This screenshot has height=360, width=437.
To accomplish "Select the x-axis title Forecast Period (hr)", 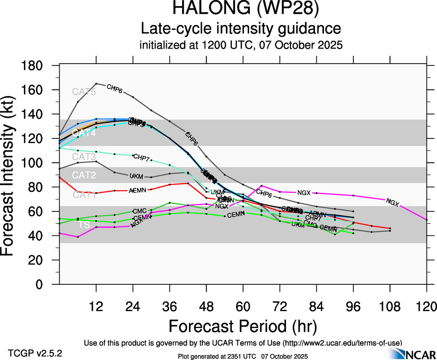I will (x=243, y=326).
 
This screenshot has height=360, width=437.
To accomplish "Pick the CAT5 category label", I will (x=84, y=92).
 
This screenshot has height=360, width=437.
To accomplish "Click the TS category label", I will (x=84, y=225).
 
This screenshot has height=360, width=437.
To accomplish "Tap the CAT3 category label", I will (x=84, y=157).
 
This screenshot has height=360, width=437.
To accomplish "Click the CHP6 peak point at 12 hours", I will (x=96, y=84).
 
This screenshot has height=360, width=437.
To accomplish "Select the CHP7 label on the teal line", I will (x=141, y=157).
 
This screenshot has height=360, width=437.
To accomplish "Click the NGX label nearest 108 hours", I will (x=392, y=202).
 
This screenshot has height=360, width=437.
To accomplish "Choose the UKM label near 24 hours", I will (x=136, y=176).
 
